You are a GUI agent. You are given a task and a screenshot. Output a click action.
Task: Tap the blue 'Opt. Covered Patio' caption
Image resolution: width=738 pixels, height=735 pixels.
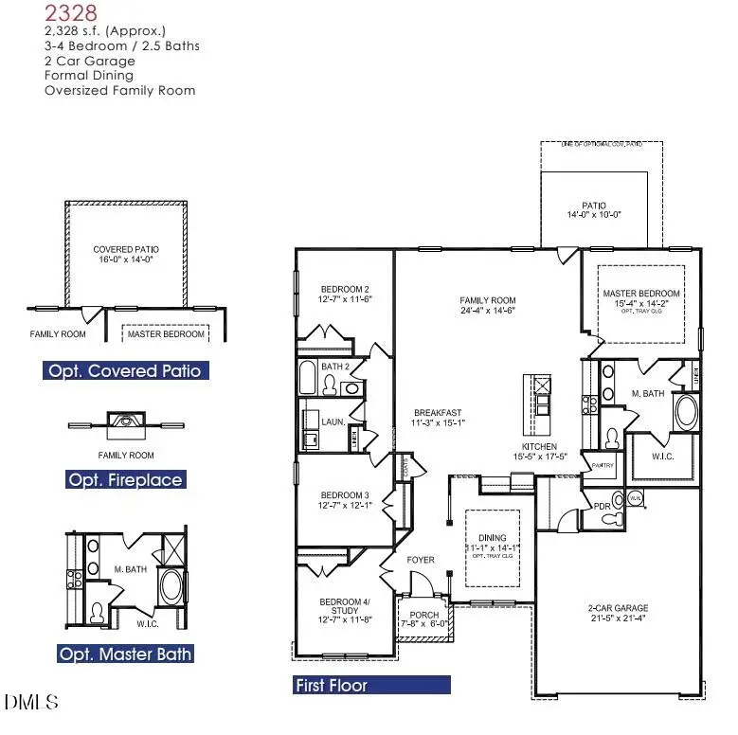(x=126, y=370)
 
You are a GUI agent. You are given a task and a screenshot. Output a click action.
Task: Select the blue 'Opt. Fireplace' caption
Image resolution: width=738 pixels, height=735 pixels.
(x=125, y=480)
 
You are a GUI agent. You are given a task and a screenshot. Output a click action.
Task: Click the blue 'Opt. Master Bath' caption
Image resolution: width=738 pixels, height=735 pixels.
(x=125, y=654)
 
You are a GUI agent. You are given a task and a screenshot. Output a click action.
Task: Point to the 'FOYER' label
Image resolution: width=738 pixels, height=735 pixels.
(x=421, y=560)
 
